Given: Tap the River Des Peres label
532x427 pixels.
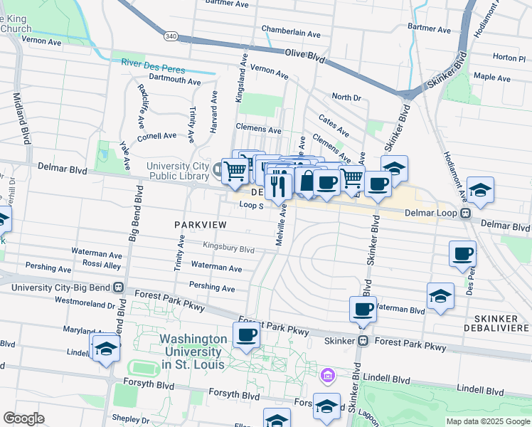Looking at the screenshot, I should tap(152, 70).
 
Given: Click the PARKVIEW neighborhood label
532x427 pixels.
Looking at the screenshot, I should tap(200, 225).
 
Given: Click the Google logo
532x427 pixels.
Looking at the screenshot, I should tap(23, 418).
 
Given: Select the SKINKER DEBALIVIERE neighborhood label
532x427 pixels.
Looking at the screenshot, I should tap(496, 322).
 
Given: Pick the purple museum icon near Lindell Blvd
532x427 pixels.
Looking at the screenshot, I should tap(327, 374).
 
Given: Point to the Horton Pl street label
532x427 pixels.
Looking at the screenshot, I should tap(508, 57).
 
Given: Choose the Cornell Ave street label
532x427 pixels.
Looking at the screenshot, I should tap(156, 135).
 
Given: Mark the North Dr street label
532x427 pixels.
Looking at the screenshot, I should tap(346, 97).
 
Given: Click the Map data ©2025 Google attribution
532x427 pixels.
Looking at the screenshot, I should tap(488, 421).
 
